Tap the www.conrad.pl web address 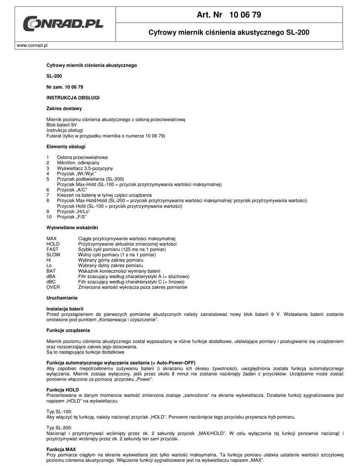[32, 46]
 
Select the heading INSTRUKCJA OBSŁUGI [73, 97]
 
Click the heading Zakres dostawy [64, 108]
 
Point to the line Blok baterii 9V [62, 124]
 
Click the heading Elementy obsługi [66, 147]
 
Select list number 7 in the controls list [48, 195]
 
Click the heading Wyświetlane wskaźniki [72, 227]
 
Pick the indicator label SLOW [53, 255]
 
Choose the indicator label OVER [53, 287]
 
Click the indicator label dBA [51, 276]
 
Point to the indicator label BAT [51, 271]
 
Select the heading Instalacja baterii [65, 309]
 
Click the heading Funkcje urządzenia [68, 330]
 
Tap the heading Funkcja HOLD [63, 390]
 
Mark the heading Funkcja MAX [61, 449]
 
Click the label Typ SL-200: [59, 428]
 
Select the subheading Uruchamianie [62, 298]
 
